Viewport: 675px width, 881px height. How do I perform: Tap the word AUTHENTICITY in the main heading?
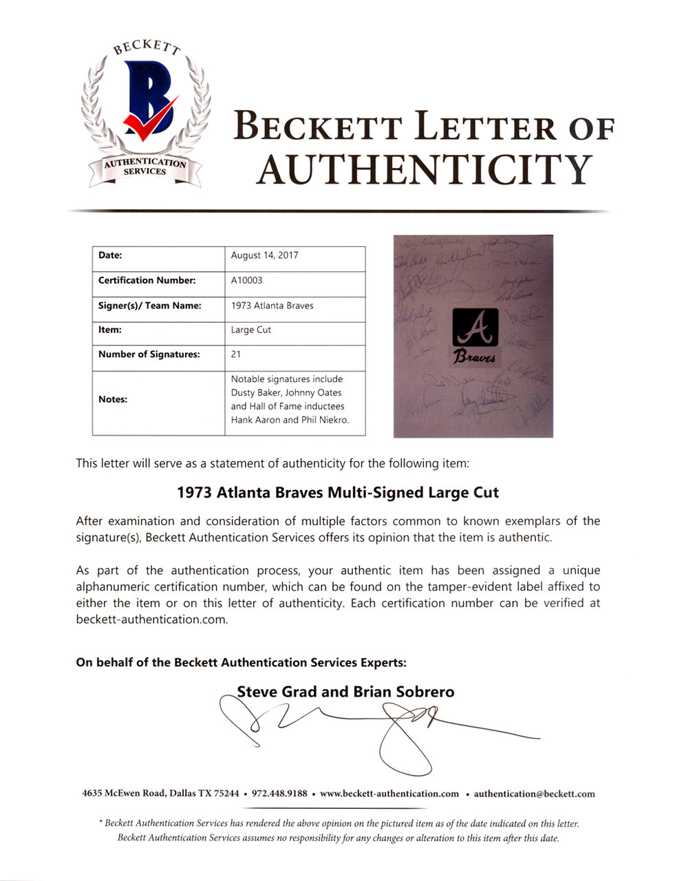[x=424, y=169]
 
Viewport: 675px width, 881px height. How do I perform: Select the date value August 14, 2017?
[x=264, y=255]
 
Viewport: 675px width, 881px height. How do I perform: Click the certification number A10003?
[x=246, y=280]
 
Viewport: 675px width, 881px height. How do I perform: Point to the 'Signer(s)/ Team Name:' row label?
[x=149, y=305]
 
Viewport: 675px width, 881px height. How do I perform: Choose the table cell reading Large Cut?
[x=250, y=330]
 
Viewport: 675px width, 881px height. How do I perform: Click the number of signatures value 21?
[x=236, y=354]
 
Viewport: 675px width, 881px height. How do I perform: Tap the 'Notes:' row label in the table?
[x=113, y=399]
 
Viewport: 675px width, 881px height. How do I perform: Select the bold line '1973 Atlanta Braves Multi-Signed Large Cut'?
[x=337, y=493]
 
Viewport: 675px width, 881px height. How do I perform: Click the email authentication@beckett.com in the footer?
[x=534, y=793]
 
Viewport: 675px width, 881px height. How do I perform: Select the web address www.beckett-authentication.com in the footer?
[x=389, y=793]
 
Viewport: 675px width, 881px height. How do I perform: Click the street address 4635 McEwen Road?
[x=123, y=793]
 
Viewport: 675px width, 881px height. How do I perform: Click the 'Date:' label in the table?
[x=110, y=255]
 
